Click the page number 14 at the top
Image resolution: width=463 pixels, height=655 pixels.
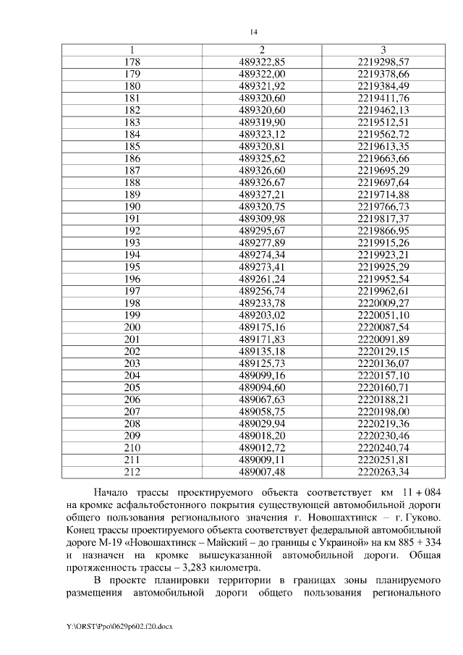253,32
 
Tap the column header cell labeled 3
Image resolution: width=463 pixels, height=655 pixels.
383,49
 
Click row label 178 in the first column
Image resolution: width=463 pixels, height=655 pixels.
132,62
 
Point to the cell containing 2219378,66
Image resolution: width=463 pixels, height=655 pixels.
383,74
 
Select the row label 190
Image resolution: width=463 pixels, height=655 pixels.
132,206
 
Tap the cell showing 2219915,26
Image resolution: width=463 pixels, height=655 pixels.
383,242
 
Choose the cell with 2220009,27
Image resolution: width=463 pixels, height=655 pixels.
383,303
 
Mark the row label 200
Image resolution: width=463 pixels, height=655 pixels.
132,327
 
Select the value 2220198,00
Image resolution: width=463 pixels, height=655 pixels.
383,411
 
